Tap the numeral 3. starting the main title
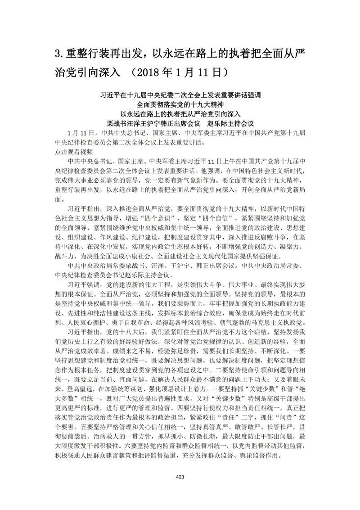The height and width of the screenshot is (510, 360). (x=58, y=54)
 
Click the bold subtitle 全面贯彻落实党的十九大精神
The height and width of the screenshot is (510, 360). (x=180, y=104)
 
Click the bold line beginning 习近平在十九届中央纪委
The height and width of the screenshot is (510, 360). (x=180, y=95)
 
